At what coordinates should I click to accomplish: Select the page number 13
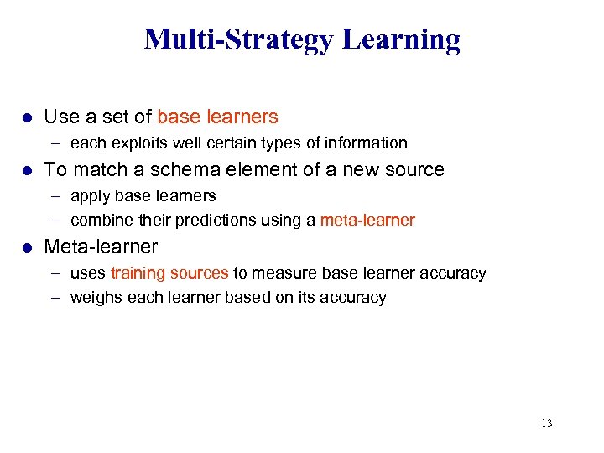click(547, 424)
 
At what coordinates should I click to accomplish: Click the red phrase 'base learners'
click(217, 117)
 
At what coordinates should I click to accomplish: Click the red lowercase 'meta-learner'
click(367, 221)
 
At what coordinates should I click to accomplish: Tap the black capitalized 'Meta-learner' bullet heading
click(101, 247)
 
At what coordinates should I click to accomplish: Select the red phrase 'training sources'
click(169, 273)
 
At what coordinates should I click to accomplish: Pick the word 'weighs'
click(96, 298)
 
